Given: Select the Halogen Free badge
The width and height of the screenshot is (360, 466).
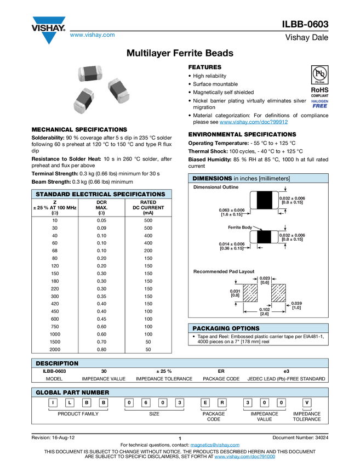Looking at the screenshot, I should tap(319, 104).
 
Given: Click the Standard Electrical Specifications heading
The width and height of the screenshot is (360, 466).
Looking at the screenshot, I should tap(100, 194).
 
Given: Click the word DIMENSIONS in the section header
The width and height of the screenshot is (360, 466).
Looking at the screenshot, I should tap(212, 178).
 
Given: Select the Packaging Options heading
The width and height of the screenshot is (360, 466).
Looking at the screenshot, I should tap(226, 328).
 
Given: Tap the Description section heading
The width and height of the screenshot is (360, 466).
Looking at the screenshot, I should tap(57, 363).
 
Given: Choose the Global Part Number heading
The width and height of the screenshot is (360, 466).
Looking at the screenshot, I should tap(72, 393).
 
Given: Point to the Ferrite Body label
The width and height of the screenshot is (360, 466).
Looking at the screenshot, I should tap(239, 227).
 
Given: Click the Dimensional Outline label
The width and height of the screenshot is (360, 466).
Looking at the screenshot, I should tap(216, 187).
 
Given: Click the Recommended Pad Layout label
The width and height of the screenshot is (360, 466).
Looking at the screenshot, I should tap(223, 271).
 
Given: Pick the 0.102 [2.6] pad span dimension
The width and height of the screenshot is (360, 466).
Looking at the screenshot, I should tap(264, 311).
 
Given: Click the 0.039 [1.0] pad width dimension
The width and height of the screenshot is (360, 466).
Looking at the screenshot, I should tap(296, 305).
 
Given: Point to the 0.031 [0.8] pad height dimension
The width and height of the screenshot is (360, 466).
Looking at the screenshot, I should tap(235, 293).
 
